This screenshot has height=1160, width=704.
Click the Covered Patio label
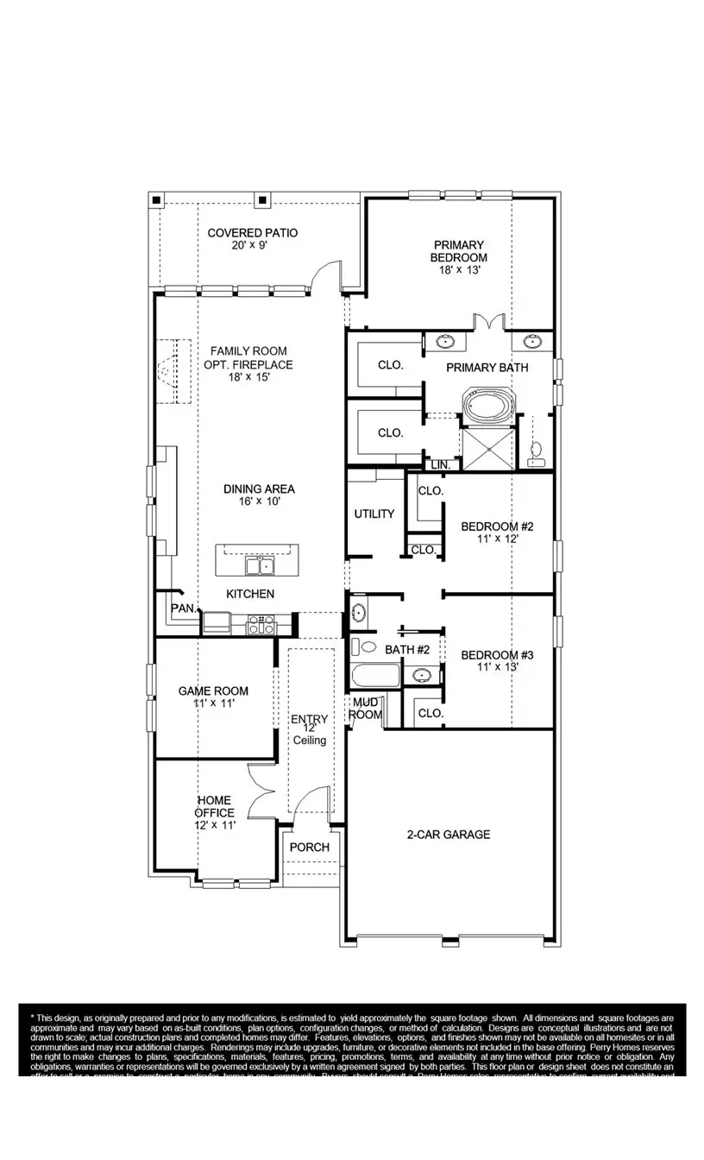point(252,233)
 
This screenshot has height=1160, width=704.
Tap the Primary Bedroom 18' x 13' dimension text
point(459,270)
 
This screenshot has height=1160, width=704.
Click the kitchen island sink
point(259,566)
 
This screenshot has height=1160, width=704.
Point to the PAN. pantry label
point(183,608)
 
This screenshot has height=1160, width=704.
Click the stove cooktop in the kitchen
point(261,623)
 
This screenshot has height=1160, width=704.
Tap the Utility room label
point(374,514)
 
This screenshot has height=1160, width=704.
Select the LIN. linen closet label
point(441,465)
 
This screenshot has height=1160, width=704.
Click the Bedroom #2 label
point(498,526)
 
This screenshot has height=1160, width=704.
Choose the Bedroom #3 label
point(498,655)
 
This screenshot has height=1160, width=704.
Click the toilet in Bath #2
point(368,646)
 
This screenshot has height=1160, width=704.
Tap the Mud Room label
point(366,709)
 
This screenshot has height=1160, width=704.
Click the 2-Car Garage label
point(449,835)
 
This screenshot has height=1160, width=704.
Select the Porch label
point(309,847)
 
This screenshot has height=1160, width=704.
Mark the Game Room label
point(213,690)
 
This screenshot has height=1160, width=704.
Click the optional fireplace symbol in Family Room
point(168,371)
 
